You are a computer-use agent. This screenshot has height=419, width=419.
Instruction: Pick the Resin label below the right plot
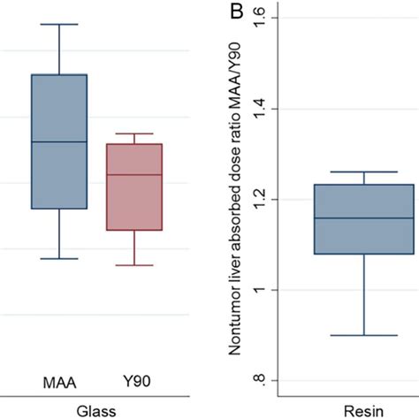click(363, 411)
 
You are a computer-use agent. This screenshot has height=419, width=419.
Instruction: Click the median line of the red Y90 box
click(133, 175)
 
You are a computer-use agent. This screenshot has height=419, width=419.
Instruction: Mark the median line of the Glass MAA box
click(59, 141)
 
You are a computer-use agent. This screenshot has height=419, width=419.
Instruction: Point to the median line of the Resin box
click(364, 217)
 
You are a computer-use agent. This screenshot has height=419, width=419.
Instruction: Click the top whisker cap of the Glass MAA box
click(59, 24)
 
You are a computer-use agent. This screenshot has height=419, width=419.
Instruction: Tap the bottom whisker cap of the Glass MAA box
click(59, 258)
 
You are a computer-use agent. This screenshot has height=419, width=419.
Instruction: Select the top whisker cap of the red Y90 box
click(133, 133)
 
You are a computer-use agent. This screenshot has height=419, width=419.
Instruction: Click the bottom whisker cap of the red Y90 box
click(133, 265)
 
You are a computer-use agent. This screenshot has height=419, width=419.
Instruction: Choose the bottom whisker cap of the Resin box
click(364, 335)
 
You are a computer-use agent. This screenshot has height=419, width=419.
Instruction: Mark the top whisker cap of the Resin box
click(364, 172)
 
